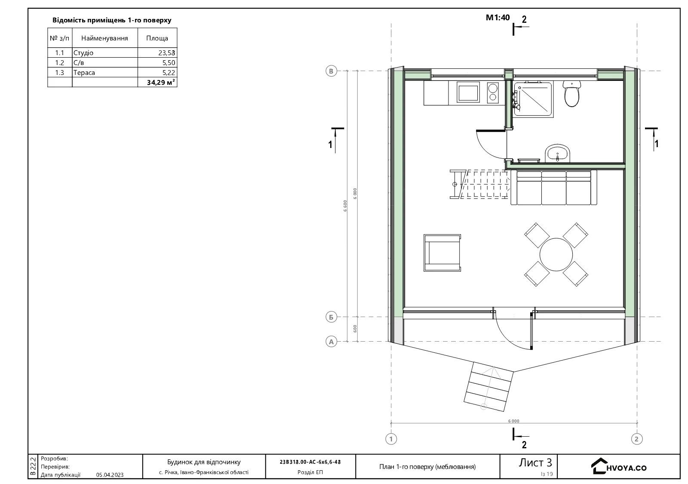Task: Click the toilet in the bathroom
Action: tap(571, 93)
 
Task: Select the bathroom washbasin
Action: tap(557, 153)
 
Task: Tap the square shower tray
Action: tap(533, 99)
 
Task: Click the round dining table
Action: tap(556, 254)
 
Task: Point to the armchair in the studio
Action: tap(442, 253)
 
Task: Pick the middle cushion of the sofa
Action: tap(553, 188)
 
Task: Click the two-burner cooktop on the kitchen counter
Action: tap(493, 92)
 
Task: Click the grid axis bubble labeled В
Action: tap(331, 71)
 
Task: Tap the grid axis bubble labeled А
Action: tap(331, 342)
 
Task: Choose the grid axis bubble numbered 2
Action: tap(636, 439)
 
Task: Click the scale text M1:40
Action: tap(498, 18)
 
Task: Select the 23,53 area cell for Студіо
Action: tap(157, 52)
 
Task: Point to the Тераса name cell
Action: tap(105, 73)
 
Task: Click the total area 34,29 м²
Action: tap(161, 82)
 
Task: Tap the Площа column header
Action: tap(157, 38)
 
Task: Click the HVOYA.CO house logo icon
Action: tap(599, 466)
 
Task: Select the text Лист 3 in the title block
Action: tap(535, 462)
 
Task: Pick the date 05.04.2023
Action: tap(110, 475)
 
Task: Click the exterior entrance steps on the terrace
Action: tap(488, 387)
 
